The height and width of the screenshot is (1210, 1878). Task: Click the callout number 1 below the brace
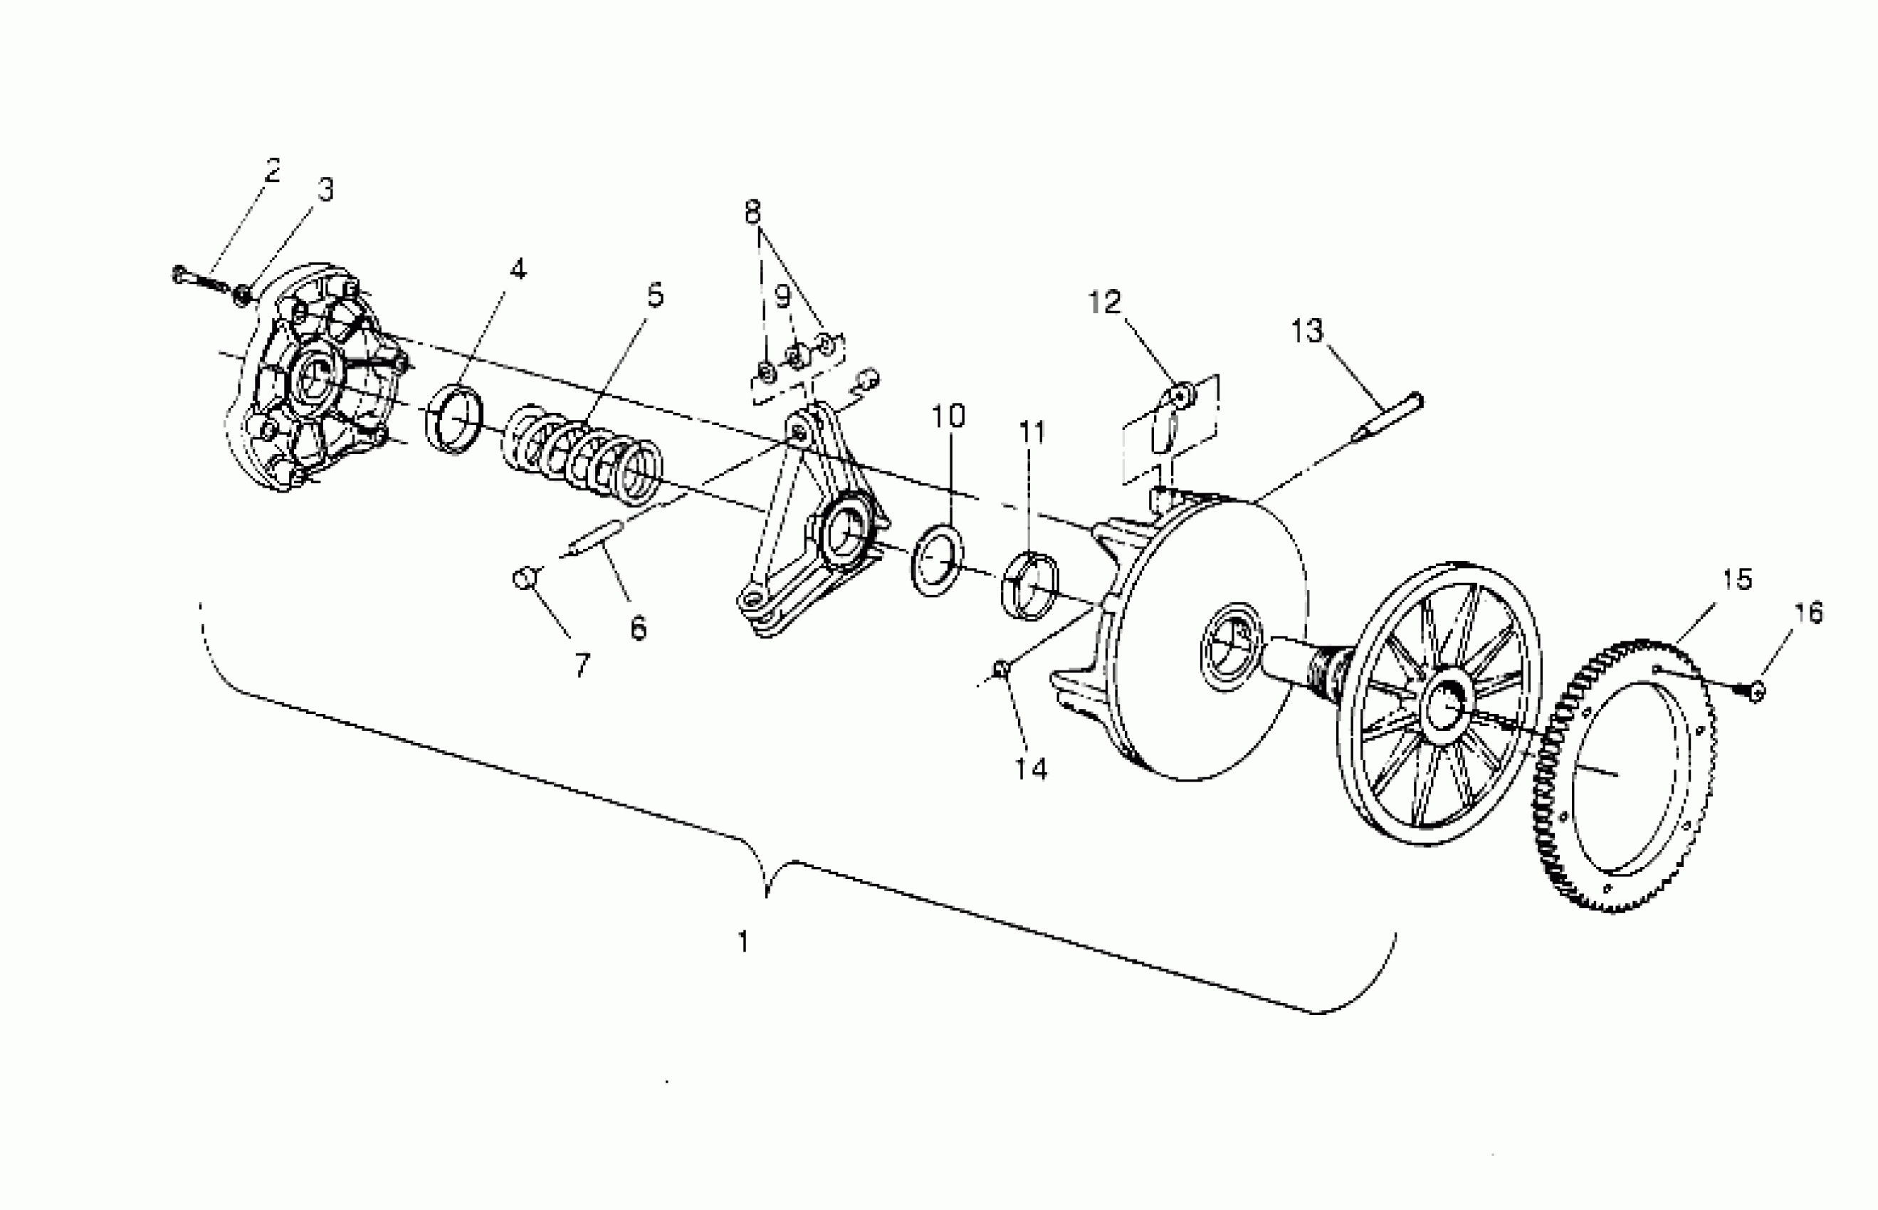[743, 941]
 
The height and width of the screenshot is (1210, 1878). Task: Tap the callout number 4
[517, 270]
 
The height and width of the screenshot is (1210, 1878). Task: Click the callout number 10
[948, 416]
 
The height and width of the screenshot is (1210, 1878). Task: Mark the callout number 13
[1307, 332]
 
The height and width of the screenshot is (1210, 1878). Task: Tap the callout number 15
[1737, 579]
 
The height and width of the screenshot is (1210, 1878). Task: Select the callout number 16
[1810, 613]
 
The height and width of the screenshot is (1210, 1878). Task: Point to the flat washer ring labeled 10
[937, 561]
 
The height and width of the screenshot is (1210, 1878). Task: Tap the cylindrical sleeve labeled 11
[1029, 585]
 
